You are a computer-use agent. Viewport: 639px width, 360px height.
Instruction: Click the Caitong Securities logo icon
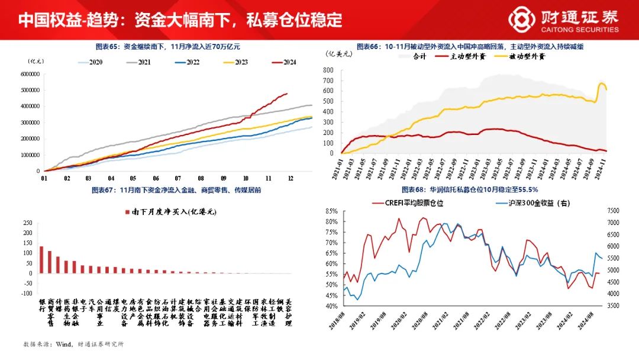(x=521, y=19)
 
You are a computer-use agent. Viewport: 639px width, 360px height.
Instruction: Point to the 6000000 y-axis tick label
(x=30, y=74)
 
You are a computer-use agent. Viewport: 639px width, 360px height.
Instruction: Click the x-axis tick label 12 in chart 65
(x=289, y=178)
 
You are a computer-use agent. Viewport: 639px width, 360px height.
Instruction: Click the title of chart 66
(x=470, y=46)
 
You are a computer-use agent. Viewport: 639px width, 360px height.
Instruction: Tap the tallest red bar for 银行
(x=41, y=259)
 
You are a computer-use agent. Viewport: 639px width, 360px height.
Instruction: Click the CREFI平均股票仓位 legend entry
(x=408, y=203)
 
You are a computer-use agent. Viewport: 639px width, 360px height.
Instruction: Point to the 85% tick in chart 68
(x=331, y=211)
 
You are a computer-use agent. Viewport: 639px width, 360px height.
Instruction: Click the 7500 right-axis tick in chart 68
(x=613, y=211)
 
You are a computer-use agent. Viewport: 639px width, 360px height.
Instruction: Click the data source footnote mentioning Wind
(x=73, y=343)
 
